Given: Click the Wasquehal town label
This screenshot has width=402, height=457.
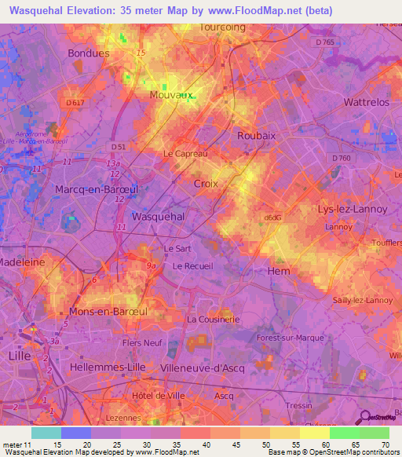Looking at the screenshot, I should tap(159, 216).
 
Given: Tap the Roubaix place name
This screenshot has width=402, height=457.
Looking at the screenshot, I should tap(257, 135).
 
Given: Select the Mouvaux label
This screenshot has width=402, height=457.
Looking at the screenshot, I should tap(171, 95).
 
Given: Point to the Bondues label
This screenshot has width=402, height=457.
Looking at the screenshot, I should tap(89, 53).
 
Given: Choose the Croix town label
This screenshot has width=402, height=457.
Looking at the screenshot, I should tap(205, 183).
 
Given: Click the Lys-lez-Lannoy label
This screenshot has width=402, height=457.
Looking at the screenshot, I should tap(346, 210).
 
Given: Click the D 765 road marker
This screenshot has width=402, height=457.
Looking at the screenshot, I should tap(323, 41).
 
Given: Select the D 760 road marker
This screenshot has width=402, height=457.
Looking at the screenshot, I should tap(341, 158).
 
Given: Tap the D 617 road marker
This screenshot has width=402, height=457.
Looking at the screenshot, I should tap(75, 103).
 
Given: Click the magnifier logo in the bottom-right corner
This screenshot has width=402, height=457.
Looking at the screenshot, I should tap(364, 417).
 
